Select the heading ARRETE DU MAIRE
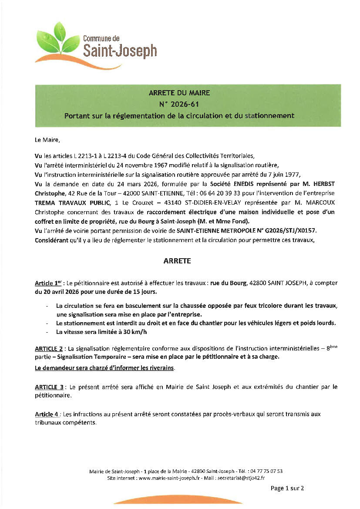pos(179,93)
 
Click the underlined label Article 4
pos(47,414)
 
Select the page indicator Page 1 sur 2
pos(287,488)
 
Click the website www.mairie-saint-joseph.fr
pos(169,478)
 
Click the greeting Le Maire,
pos(46,140)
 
